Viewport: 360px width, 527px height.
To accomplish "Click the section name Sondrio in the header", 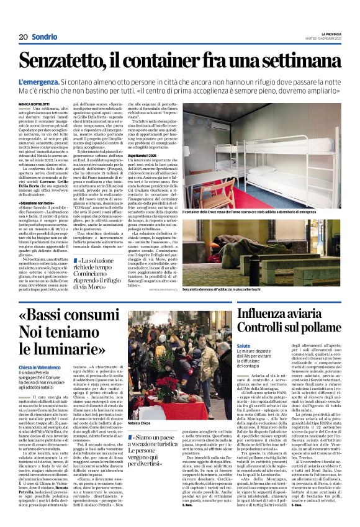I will (44, 37).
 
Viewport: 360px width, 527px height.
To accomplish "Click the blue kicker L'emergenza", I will (40, 83).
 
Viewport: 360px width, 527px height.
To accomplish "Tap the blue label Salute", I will (243, 345).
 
